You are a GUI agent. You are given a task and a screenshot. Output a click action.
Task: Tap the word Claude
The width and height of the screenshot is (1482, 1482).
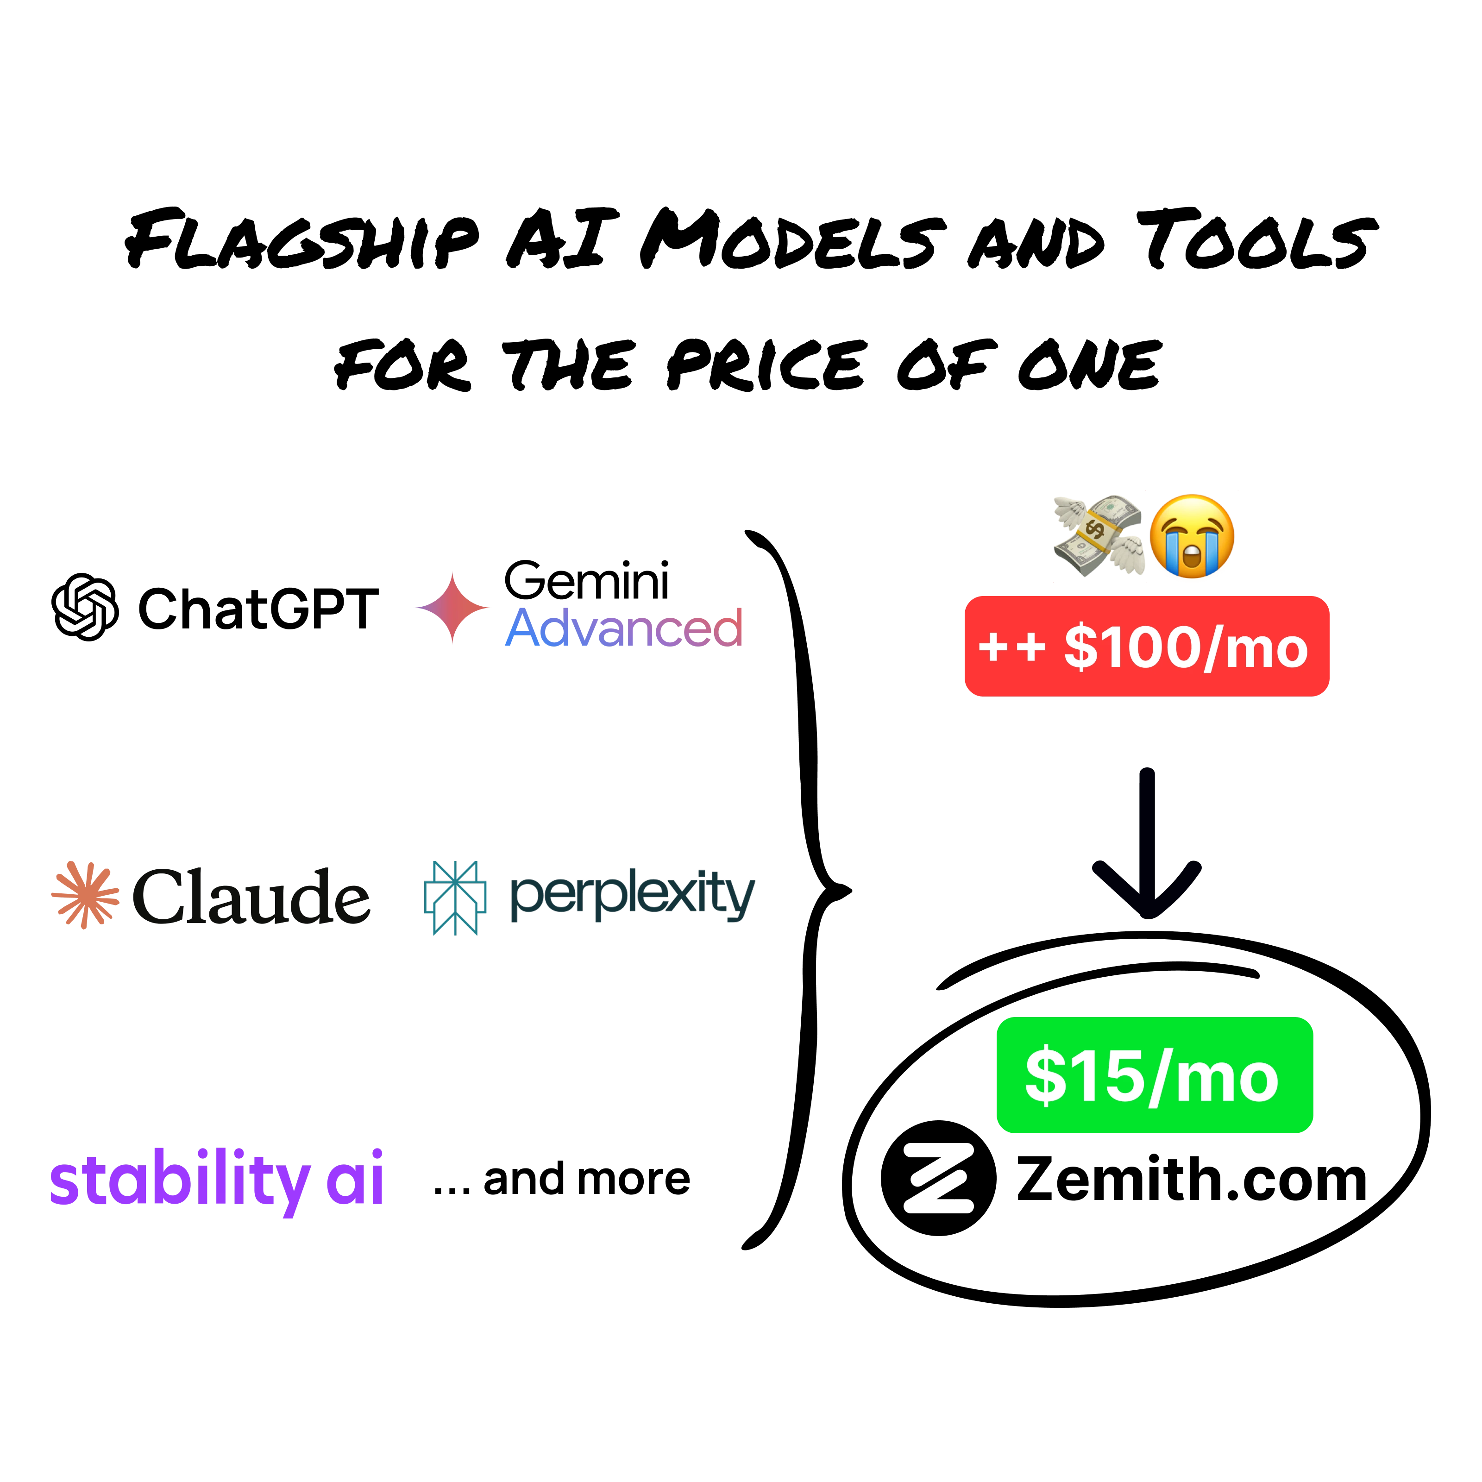pyautogui.click(x=251, y=896)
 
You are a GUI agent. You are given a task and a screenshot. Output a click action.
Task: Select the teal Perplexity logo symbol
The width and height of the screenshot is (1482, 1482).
pyautogui.click(x=455, y=898)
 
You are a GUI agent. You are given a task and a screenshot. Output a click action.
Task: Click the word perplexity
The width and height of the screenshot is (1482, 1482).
pyautogui.click(x=633, y=896)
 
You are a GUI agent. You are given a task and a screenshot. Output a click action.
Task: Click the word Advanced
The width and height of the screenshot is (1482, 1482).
pyautogui.click(x=624, y=628)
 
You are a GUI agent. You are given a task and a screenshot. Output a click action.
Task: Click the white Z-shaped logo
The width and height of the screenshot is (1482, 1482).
pyautogui.click(x=938, y=1177)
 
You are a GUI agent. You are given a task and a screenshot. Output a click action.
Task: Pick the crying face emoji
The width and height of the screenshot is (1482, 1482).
pyautogui.click(x=1193, y=537)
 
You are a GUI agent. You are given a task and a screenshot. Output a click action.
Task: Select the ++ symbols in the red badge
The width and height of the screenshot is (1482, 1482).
pyautogui.click(x=1011, y=647)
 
